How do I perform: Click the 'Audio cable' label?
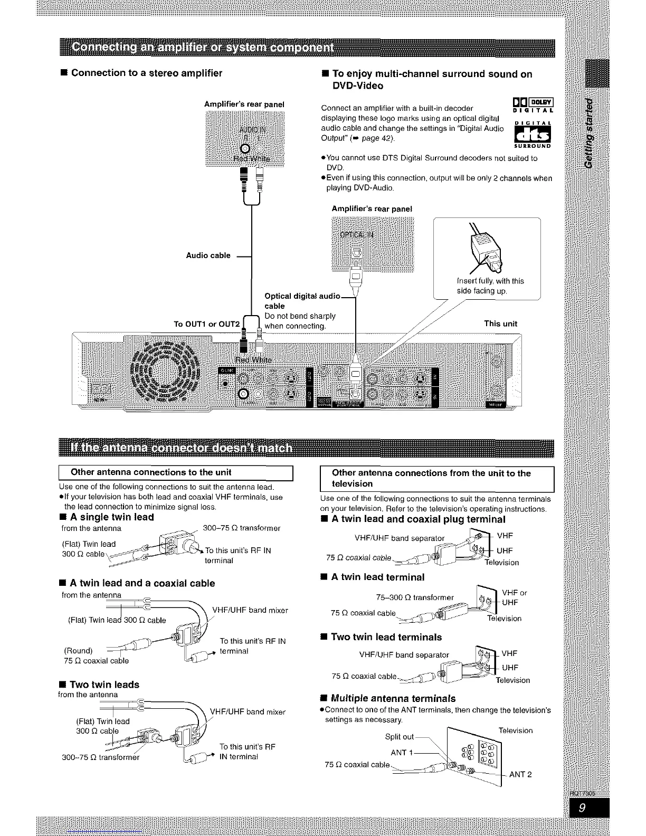pyautogui.click(x=208, y=255)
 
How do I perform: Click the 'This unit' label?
pyautogui.click(x=500, y=324)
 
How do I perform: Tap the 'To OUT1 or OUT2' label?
pyautogui.click(x=206, y=324)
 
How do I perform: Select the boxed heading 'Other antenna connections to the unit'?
pyautogui.click(x=151, y=472)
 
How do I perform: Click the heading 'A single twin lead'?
pyautogui.click(x=111, y=517)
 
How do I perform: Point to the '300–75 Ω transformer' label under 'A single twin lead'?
pyautogui.click(x=241, y=528)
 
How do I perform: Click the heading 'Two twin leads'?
pyautogui.click(x=104, y=685)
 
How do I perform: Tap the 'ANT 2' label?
pyautogui.click(x=520, y=774)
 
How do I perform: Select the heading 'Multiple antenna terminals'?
pyautogui.click(x=393, y=698)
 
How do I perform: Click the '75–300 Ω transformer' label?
pyautogui.click(x=414, y=597)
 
